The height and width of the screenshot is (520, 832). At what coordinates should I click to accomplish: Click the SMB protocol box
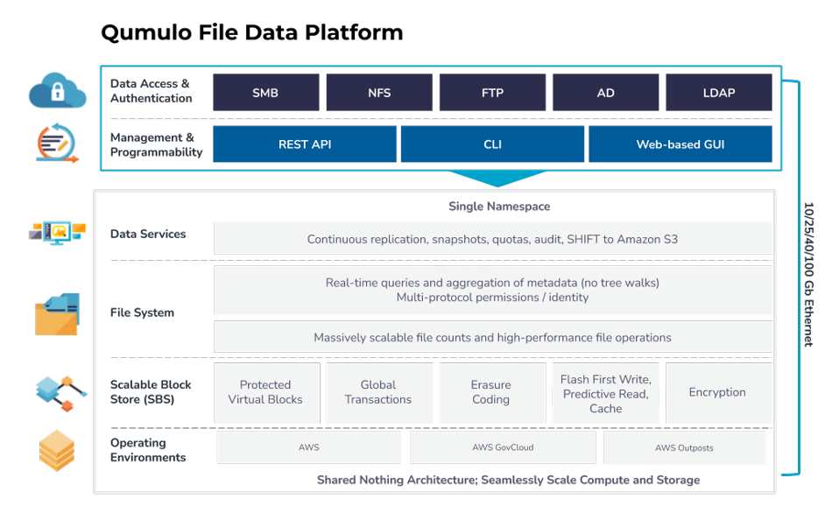tap(266, 92)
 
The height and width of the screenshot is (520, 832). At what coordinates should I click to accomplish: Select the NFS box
tap(379, 92)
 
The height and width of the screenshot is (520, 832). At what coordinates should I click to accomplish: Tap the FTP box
tap(492, 92)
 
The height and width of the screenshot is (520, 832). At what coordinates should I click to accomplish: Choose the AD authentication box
tap(605, 92)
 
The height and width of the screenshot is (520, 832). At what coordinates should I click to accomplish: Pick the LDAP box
tap(719, 92)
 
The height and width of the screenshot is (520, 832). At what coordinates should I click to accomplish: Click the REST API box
tap(305, 144)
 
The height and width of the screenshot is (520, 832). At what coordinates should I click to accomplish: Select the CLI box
tap(492, 144)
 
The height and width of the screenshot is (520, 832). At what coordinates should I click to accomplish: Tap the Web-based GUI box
tap(680, 144)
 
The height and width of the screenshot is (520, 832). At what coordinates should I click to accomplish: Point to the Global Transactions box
tap(379, 393)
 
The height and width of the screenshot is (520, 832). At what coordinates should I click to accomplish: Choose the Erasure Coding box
tap(492, 393)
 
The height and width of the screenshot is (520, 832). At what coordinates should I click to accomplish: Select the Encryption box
tap(718, 393)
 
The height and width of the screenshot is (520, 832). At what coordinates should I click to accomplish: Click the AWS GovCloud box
tap(503, 447)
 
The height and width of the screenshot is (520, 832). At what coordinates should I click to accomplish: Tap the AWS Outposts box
tap(685, 447)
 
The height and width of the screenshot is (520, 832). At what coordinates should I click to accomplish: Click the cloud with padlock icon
tap(57, 90)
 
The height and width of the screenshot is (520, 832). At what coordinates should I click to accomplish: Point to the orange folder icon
tap(57, 314)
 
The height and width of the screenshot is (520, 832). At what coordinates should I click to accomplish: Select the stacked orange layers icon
tap(57, 451)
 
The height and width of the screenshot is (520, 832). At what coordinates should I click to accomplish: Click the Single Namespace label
tap(499, 207)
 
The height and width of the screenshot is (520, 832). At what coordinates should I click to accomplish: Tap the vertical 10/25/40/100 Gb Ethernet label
tap(808, 274)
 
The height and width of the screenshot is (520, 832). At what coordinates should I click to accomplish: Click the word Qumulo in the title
tap(145, 32)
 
